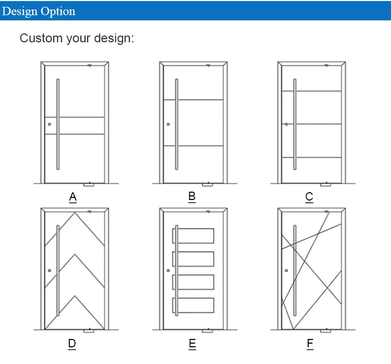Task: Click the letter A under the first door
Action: (73, 197)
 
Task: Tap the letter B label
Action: (192, 196)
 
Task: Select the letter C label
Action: (309, 197)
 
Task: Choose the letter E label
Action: (192, 344)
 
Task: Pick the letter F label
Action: (310, 344)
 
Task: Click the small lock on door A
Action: (50, 124)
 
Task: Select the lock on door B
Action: (168, 124)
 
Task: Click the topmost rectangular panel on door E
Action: (193, 236)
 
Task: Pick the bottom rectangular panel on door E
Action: (193, 305)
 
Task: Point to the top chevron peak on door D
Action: (76, 213)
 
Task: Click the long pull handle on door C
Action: (295, 124)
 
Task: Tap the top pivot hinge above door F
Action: (326, 212)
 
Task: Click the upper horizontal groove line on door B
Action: (193, 100)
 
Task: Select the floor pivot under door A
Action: (89, 184)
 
